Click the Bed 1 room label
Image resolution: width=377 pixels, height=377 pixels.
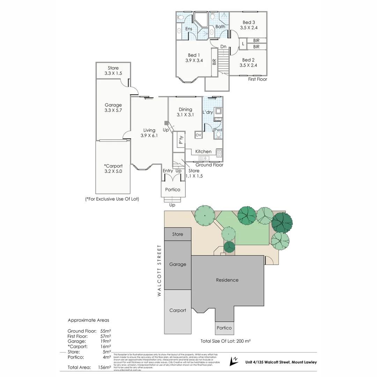[x=194, y=55]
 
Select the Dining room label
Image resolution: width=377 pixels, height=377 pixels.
[x=185, y=109]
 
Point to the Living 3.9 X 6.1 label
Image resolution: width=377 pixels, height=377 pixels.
[x=149, y=133]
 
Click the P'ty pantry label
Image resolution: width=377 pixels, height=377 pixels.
[x=181, y=140]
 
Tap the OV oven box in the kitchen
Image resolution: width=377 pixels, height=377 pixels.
[x=198, y=135]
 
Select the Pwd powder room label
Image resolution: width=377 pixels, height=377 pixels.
[x=219, y=130]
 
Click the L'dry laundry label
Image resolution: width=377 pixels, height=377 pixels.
[x=208, y=112]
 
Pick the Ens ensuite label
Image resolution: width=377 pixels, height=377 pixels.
[x=189, y=29]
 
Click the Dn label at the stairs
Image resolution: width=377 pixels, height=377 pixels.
[x=223, y=46]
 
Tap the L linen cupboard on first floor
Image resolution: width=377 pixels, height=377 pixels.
[x=243, y=44]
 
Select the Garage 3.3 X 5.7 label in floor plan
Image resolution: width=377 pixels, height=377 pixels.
[x=113, y=108]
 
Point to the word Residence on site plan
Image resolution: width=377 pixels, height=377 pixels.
[x=227, y=280]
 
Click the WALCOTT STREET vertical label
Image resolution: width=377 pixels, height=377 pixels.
[x=159, y=271]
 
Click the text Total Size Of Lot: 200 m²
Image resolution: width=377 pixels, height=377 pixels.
[x=226, y=341]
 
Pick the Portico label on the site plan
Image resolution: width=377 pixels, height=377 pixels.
[x=224, y=328]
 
